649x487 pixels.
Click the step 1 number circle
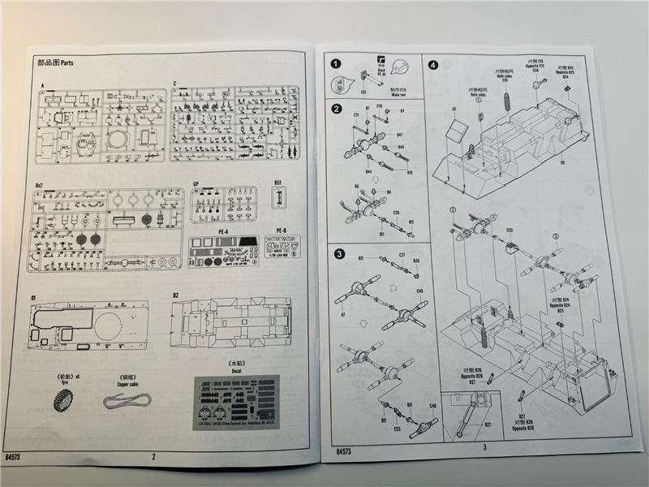click(333, 63)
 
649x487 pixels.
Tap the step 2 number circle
click(336, 109)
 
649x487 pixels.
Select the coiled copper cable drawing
click(129, 399)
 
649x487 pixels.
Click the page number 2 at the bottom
click(153, 456)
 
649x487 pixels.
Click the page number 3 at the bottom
click(484, 446)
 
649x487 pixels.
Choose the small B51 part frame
click(278, 197)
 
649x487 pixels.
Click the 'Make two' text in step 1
click(398, 94)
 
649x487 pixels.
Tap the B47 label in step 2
click(400, 135)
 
